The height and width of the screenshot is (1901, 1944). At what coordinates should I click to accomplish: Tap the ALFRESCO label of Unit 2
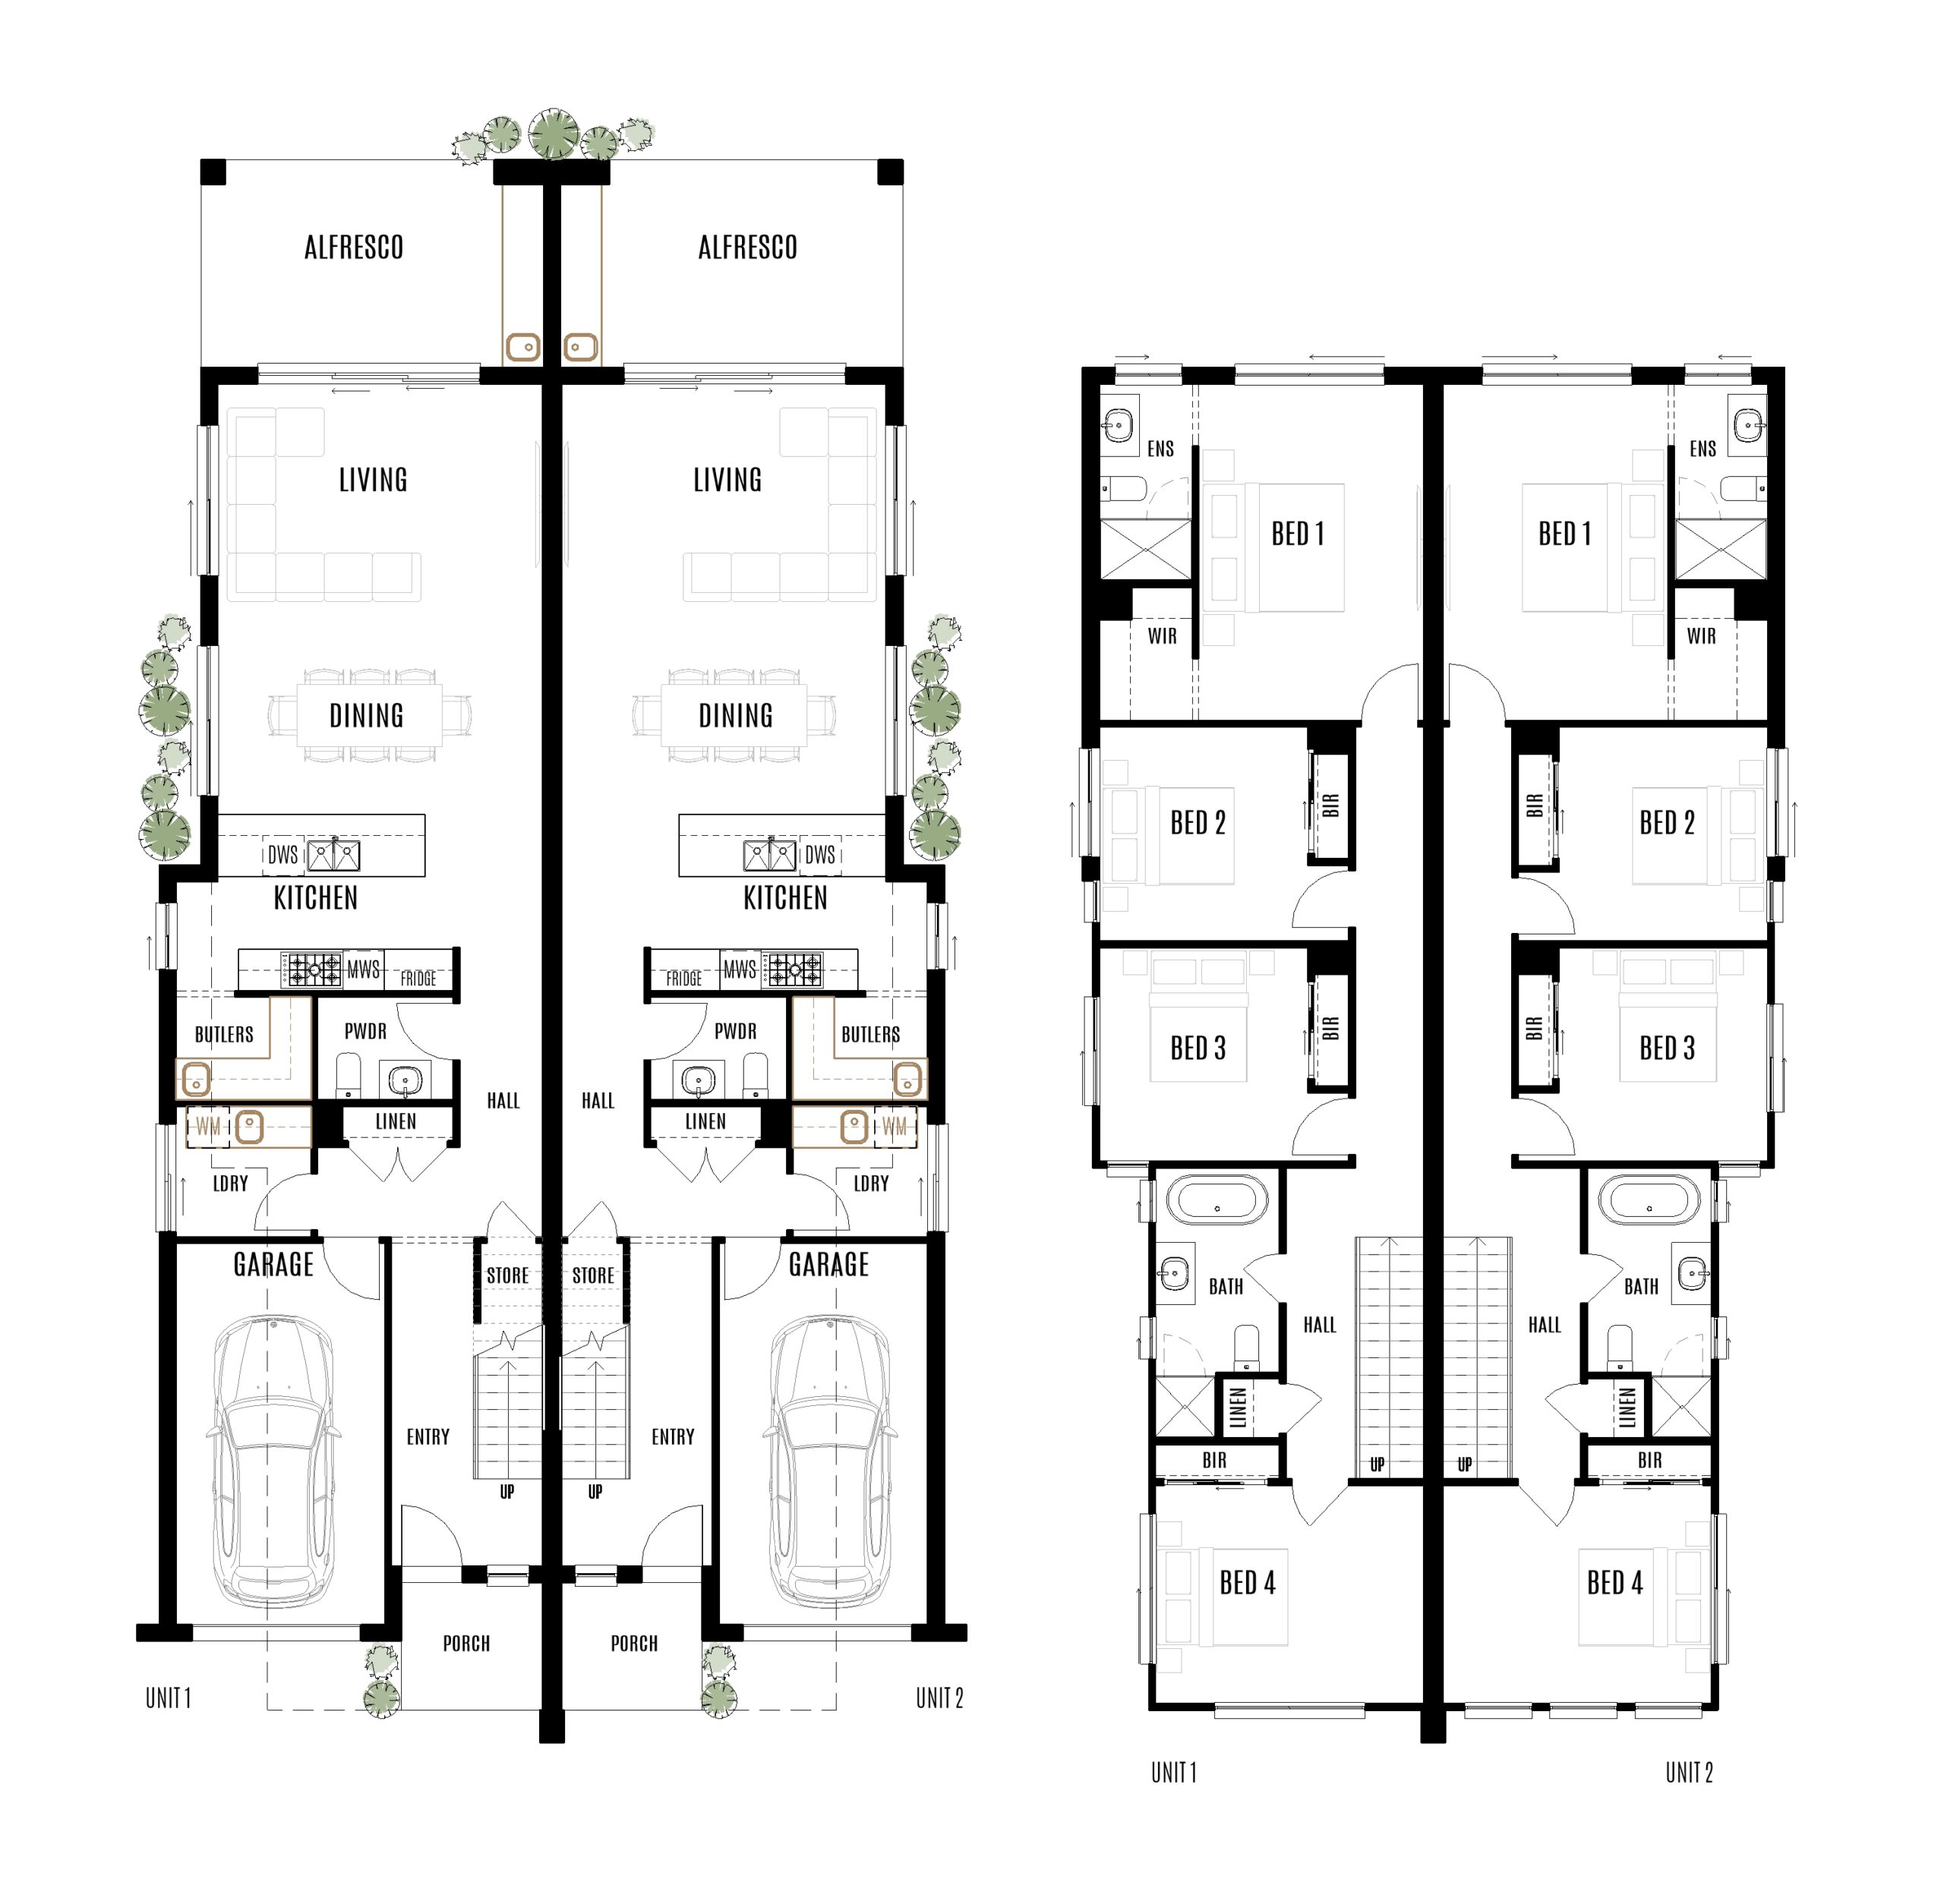pos(747,247)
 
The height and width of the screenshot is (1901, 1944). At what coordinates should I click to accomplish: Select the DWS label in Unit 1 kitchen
pos(282,855)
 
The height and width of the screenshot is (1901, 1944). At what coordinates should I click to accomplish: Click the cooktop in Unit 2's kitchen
pos(793,969)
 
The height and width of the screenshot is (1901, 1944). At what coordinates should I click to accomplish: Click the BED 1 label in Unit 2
pos(1564,534)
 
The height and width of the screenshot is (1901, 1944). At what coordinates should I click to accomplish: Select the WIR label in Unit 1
pos(1162,636)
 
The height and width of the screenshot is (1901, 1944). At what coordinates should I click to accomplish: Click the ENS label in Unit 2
pos(1703,449)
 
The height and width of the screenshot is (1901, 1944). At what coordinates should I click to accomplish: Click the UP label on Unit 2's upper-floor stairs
pos(1464,1464)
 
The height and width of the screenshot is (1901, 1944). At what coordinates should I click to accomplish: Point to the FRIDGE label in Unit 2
pos(684,979)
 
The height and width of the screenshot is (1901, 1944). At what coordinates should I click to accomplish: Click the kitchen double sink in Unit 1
pos(333,856)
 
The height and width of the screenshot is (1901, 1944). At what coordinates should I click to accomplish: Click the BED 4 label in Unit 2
pos(1614,1582)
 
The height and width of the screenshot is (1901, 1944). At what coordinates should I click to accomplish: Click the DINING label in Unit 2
pos(735,716)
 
